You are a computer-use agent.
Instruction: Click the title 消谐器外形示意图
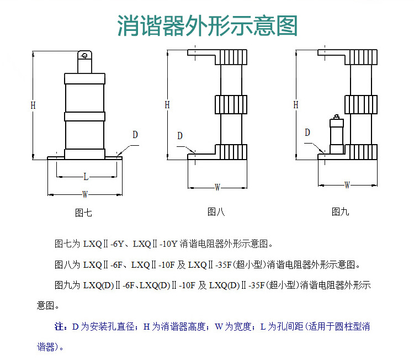(208, 25)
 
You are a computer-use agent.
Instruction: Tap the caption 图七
(83, 213)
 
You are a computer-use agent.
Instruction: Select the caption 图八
(216, 211)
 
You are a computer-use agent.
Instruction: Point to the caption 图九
(341, 211)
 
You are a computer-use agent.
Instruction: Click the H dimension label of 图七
(33, 105)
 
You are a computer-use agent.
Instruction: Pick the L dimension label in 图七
(86, 177)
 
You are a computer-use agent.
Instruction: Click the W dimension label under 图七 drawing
(85, 194)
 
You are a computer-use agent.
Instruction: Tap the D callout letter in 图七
(135, 135)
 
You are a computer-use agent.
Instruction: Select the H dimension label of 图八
(167, 105)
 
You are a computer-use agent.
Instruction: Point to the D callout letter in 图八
(180, 136)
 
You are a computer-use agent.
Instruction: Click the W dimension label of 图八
(217, 188)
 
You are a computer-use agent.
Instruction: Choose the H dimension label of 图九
(296, 105)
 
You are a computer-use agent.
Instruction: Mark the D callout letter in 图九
(307, 133)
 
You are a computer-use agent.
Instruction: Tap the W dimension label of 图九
(347, 185)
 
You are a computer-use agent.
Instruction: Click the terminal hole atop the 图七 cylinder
(85, 55)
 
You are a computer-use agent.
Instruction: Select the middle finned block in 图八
(231, 104)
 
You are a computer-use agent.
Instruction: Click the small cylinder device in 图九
(337, 134)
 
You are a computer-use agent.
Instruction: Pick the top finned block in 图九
(361, 57)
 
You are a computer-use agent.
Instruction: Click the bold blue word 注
(59, 326)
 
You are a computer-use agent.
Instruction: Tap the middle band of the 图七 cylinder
(85, 117)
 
